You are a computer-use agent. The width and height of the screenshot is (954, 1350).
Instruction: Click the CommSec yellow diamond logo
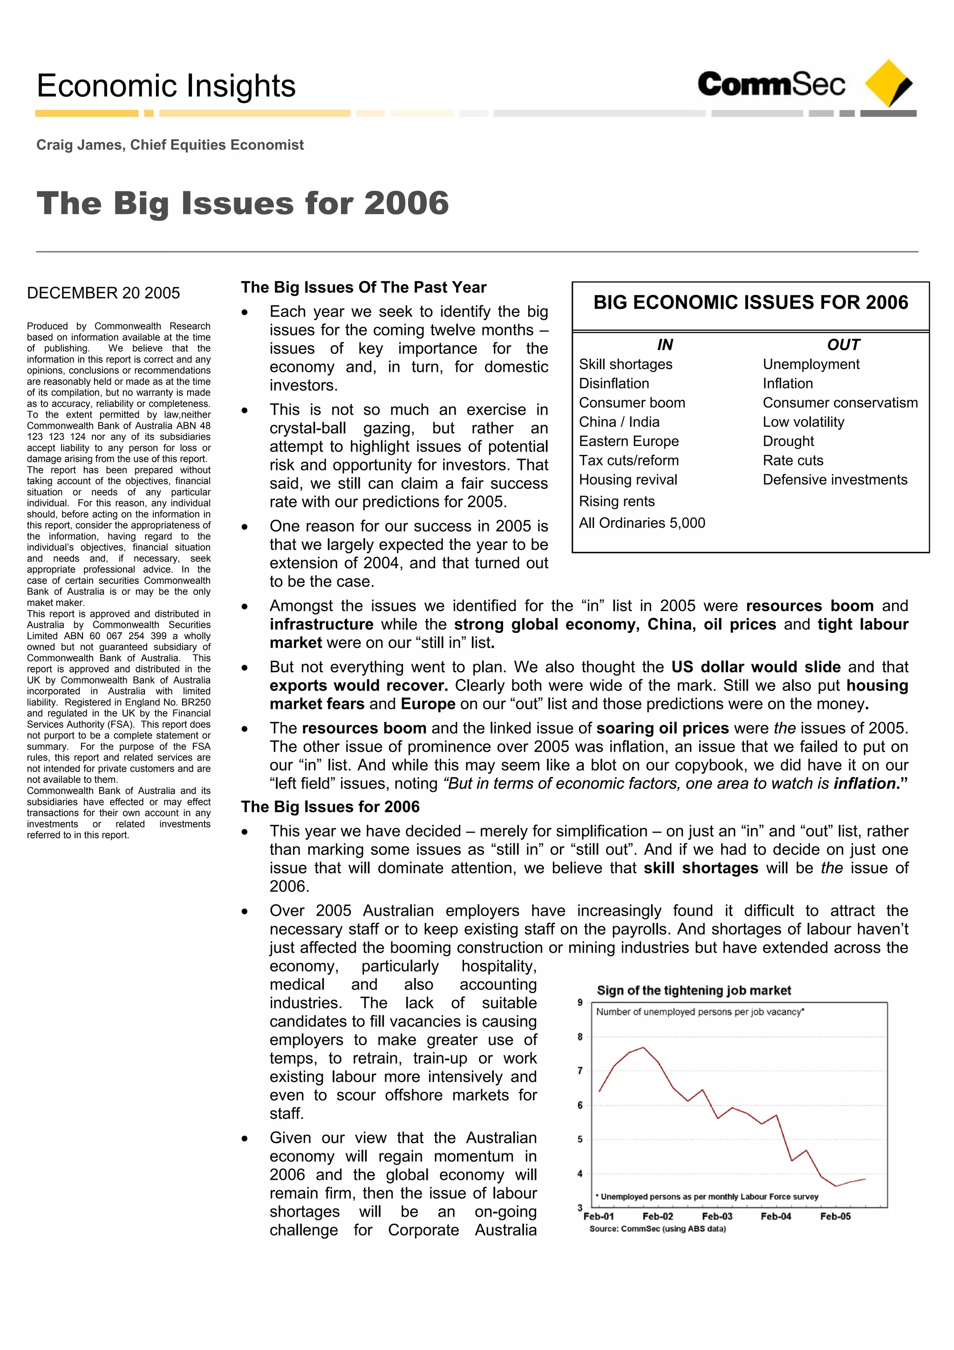coord(889,83)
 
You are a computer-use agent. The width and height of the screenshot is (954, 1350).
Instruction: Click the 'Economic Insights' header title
coord(166,86)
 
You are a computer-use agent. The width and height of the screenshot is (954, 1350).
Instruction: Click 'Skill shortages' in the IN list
coord(626,364)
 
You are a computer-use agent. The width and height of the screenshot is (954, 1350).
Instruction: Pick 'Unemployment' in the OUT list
coord(811,364)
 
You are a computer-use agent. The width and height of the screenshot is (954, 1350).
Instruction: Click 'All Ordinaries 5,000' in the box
coord(642,523)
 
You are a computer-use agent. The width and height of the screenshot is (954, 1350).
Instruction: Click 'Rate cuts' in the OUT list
coord(793,460)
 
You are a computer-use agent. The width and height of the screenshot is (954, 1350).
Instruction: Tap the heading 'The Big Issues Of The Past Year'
coord(363,287)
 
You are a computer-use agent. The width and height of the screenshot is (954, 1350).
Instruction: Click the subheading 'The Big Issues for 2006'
coord(330,807)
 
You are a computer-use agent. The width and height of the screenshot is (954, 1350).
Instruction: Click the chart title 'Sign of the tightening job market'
coord(694,990)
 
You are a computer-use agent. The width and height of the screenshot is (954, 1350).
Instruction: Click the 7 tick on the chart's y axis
coord(580,1071)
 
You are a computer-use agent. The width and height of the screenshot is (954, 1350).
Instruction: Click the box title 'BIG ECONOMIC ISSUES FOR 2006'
coord(750,302)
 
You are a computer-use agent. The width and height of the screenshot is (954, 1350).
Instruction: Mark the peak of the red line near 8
coord(643,1048)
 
